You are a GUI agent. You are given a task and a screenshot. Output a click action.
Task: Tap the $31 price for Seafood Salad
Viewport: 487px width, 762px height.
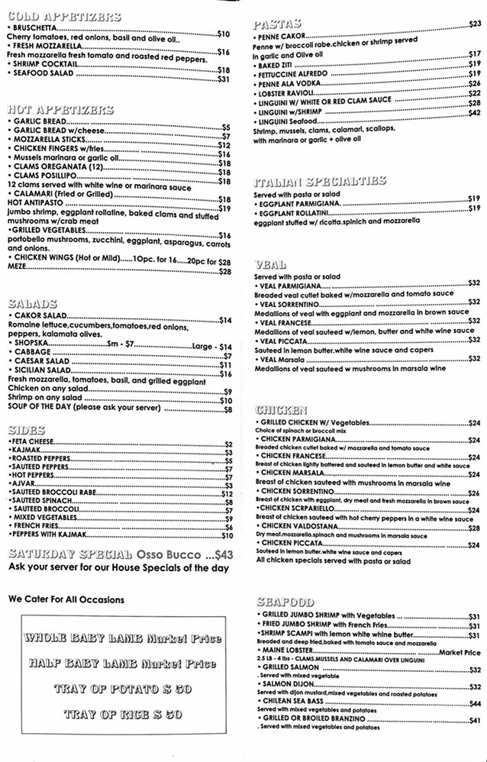224,79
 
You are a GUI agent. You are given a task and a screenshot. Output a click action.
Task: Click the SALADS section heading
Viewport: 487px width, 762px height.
31,303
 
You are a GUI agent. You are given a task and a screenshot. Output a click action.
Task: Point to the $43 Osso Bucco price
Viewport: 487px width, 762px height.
224,555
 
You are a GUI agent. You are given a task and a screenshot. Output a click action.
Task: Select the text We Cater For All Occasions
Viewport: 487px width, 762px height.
66,599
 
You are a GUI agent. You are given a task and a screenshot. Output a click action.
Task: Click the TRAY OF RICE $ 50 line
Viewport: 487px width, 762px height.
122,715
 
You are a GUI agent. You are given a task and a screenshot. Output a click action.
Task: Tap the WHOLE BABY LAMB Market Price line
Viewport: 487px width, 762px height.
122,638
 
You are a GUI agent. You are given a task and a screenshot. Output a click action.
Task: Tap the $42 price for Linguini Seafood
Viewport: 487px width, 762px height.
474,112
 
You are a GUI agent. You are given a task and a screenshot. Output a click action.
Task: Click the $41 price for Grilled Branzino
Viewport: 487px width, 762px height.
474,720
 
